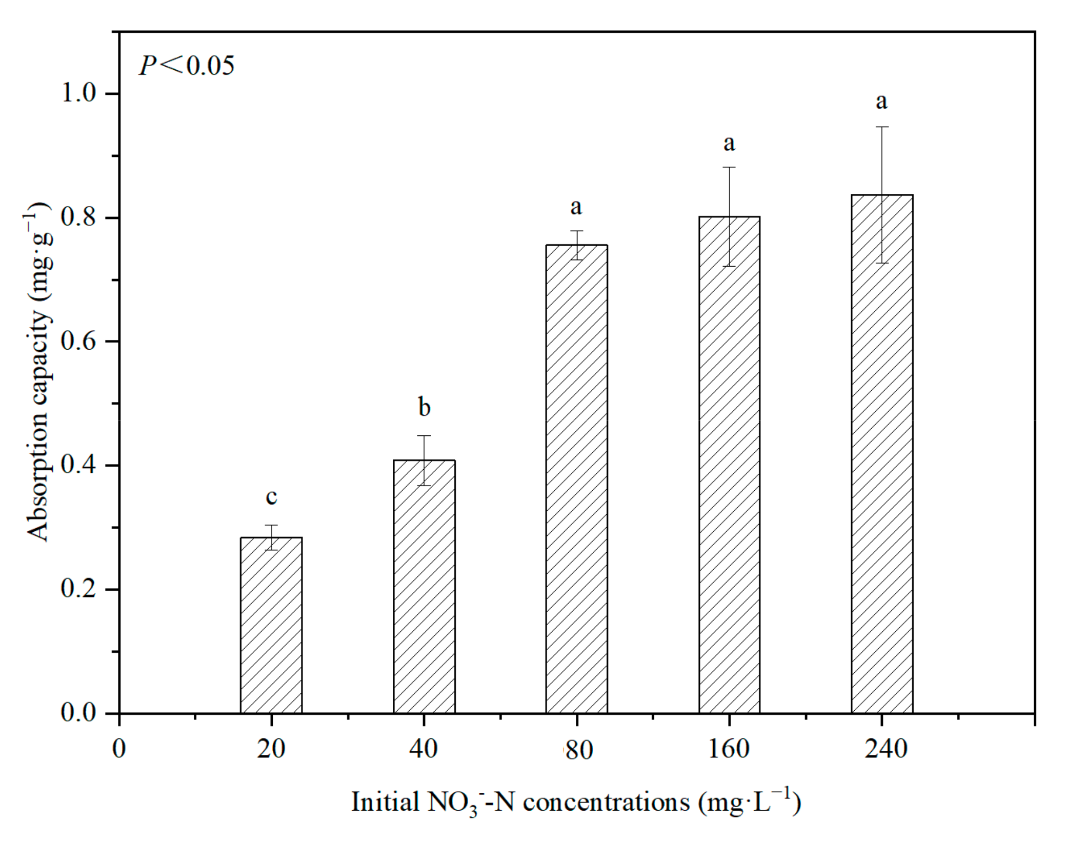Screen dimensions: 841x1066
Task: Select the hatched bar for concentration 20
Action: tap(271, 626)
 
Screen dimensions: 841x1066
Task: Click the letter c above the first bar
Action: tap(271, 496)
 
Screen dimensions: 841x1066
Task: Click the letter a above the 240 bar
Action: tap(881, 101)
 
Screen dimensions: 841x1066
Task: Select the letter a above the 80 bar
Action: tap(576, 207)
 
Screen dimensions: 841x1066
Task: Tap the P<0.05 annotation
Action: tap(187, 66)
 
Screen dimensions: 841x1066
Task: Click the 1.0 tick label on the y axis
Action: tap(79, 93)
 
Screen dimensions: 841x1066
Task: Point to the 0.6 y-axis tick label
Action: tap(79, 341)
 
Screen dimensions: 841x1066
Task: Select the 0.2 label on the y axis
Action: tap(79, 589)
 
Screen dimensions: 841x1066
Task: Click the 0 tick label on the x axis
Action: tap(119, 749)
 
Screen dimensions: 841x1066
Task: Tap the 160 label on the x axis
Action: tap(729, 749)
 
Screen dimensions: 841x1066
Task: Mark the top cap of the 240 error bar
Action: tap(882, 127)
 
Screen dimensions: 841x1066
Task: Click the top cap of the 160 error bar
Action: tap(729, 167)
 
